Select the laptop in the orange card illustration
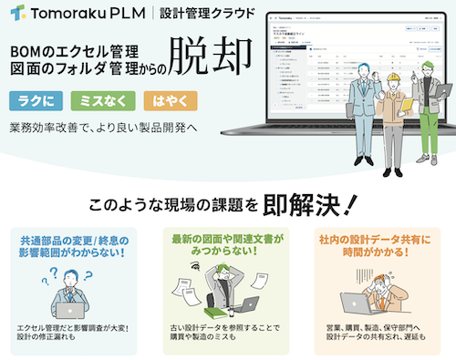(357, 303)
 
